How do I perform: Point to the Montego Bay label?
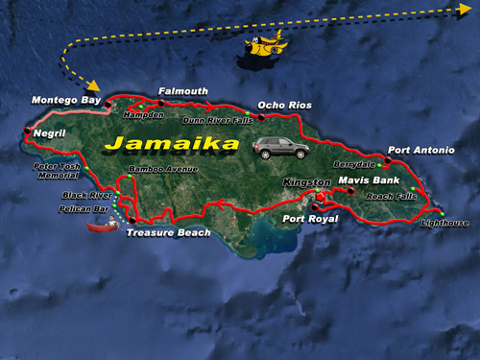click(65, 100)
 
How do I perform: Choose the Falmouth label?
click(182, 91)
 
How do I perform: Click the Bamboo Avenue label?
click(155, 168)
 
